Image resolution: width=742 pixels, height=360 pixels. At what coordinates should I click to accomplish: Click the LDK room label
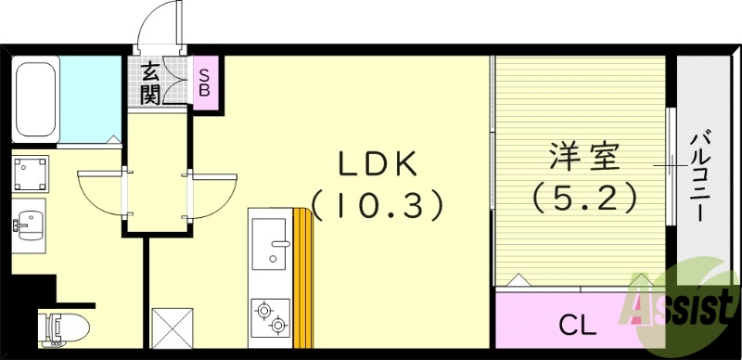click(x=378, y=164)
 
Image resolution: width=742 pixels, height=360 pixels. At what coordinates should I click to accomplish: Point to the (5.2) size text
click(x=583, y=197)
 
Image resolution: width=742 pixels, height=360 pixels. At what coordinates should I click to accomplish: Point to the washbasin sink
click(x=32, y=225)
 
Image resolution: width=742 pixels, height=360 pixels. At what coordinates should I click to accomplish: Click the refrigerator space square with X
click(x=171, y=327)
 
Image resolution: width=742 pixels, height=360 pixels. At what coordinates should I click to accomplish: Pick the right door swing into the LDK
click(x=212, y=193)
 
